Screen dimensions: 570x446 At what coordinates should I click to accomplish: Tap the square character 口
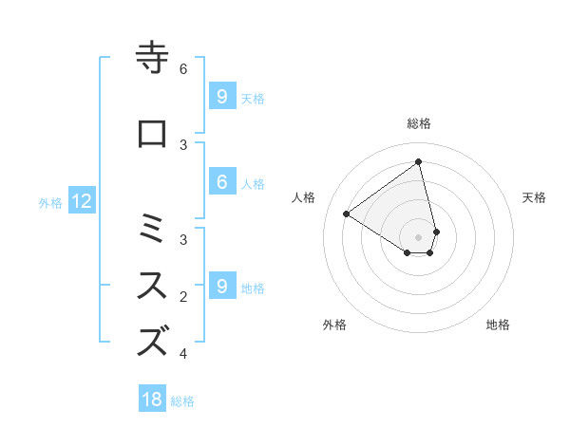pos(153,135)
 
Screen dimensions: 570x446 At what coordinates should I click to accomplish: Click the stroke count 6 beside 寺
pos(184,68)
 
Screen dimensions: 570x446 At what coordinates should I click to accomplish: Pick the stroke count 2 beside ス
pos(184,297)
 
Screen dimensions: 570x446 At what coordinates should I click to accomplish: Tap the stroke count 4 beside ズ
pos(184,354)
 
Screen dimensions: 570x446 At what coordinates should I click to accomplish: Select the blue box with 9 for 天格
pos(221,96)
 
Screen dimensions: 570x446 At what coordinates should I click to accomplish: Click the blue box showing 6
pos(221,182)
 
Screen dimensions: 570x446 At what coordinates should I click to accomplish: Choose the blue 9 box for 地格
pos(221,286)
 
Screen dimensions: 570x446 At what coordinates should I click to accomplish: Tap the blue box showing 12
pos(81,200)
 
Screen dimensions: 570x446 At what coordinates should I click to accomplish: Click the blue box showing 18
pos(152,400)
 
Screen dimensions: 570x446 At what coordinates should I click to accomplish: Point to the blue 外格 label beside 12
pos(50,202)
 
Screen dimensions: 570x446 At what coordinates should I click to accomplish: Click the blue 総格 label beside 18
pos(182,401)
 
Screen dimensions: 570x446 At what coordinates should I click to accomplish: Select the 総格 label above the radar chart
pos(419,123)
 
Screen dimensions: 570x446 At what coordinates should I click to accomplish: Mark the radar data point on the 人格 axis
pos(346,214)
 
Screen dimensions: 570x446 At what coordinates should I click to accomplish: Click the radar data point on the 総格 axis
pos(419,162)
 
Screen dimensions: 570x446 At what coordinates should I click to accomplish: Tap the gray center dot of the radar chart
pos(419,236)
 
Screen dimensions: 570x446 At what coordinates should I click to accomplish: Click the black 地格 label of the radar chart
pos(498,325)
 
